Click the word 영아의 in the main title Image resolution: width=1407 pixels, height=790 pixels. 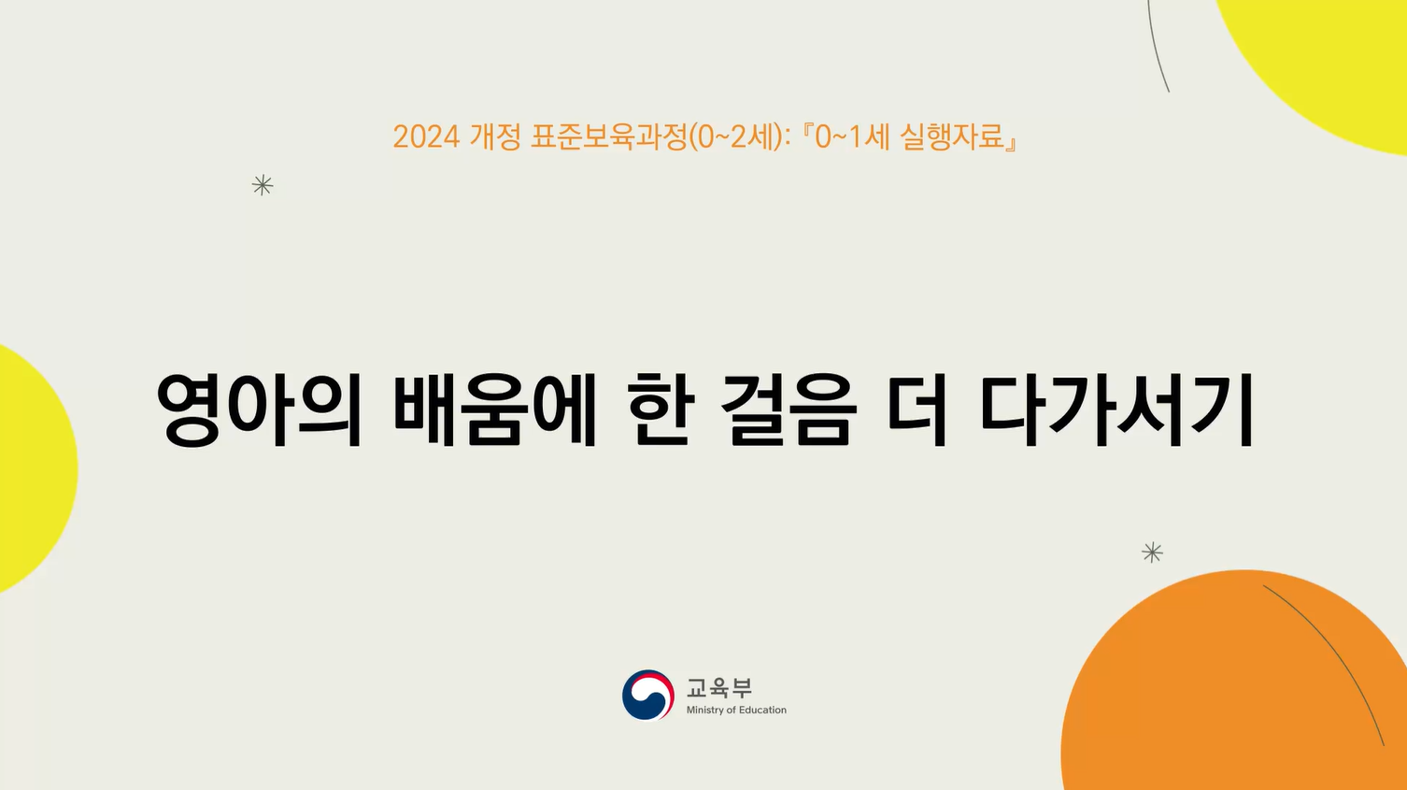click(x=259, y=409)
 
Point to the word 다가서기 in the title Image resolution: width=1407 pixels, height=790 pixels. click(x=1116, y=409)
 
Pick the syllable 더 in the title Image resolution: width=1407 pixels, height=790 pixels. click(x=917, y=409)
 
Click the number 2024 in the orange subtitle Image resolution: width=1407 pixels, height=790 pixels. click(x=426, y=137)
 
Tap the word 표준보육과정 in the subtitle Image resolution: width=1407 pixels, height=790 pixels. click(x=608, y=137)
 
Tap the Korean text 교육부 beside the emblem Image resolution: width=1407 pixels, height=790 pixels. click(x=718, y=688)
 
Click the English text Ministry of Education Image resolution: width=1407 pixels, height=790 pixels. click(x=736, y=711)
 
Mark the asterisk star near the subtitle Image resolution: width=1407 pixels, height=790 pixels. click(x=263, y=185)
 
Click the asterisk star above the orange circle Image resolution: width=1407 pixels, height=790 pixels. click(x=1152, y=553)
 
